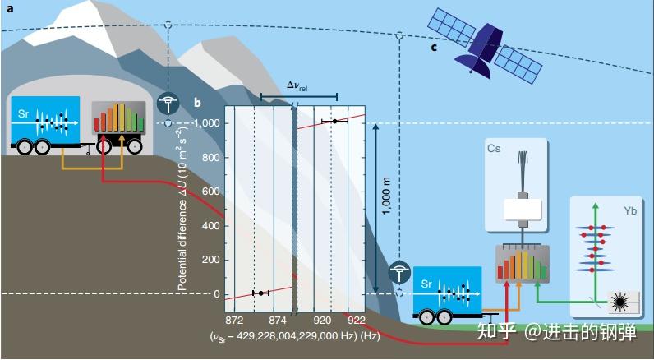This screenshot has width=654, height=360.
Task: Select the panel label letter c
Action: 433,47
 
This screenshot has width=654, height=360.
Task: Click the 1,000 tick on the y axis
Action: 207,123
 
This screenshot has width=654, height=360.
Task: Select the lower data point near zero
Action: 261,293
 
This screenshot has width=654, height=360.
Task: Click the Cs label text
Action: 494,149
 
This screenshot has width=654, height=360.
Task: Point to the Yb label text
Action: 630,211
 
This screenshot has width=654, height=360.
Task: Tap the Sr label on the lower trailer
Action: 426,282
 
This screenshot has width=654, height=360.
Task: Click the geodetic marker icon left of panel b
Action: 168,104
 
